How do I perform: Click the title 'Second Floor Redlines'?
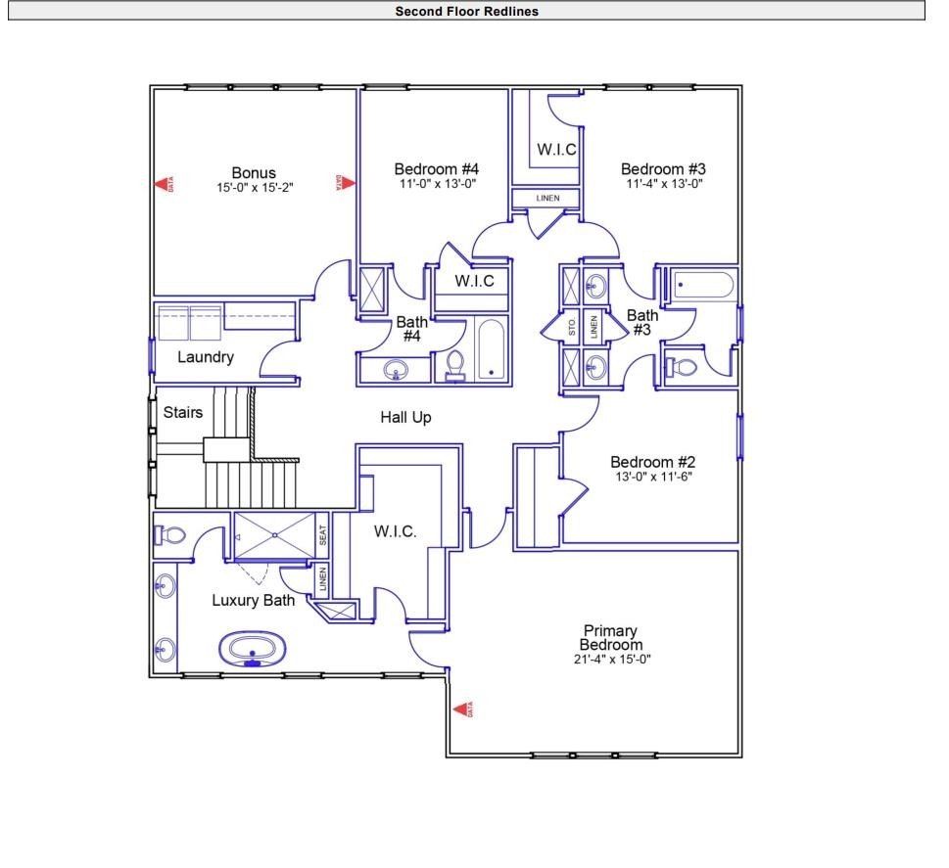click(466, 11)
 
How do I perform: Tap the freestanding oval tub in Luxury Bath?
click(253, 649)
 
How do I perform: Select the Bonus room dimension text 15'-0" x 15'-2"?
click(255, 187)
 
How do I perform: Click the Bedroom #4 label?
click(436, 168)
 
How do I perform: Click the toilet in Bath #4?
click(455, 364)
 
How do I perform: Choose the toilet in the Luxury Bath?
click(170, 535)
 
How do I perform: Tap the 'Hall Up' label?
click(405, 418)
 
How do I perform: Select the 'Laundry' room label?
click(206, 357)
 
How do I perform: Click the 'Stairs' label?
click(183, 412)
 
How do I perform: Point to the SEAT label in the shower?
click(322, 536)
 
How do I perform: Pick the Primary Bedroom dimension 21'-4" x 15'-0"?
click(610, 659)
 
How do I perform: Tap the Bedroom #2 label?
click(650, 462)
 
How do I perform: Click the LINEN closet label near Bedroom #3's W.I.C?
click(547, 199)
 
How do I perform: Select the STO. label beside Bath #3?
click(573, 328)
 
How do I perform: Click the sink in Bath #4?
click(396, 370)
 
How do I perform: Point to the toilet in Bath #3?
click(684, 369)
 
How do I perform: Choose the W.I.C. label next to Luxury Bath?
click(396, 532)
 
